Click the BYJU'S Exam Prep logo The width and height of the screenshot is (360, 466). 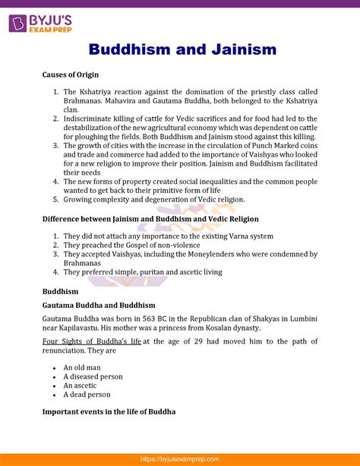(x=42, y=17)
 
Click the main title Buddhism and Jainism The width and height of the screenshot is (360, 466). (x=182, y=50)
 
